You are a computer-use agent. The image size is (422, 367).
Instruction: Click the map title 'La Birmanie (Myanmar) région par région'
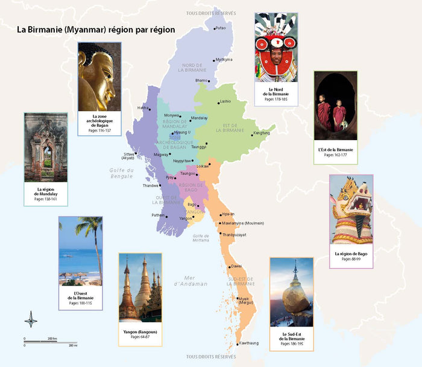[x=96, y=29]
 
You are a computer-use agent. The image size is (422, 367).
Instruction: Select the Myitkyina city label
[x=224, y=60]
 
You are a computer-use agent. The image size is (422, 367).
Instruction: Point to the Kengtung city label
[x=262, y=133]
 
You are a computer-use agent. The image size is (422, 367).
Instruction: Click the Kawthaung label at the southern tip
[x=248, y=343]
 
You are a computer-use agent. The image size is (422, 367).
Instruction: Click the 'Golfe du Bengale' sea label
[x=122, y=173]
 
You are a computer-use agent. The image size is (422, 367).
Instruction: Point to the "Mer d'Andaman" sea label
[x=191, y=280]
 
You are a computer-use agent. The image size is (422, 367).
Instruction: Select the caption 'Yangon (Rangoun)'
[x=140, y=331]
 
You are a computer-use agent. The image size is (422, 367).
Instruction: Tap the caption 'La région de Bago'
[x=351, y=253]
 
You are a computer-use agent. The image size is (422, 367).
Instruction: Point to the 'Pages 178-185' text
[x=275, y=98]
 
